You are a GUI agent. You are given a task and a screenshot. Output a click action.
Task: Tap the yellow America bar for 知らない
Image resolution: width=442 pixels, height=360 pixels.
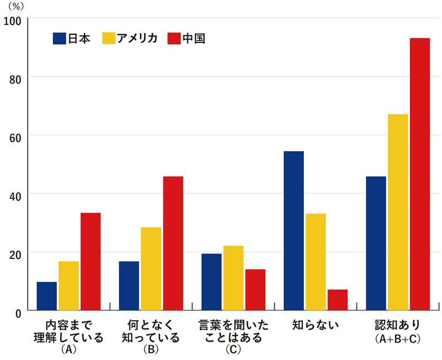pyautogui.click(x=315, y=262)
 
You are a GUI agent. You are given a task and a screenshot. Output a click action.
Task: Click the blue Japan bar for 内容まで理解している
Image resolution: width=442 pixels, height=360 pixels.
pyautogui.click(x=46, y=297)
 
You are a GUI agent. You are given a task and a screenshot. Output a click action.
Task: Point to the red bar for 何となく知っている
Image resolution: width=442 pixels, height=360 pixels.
pyautogui.click(x=173, y=243)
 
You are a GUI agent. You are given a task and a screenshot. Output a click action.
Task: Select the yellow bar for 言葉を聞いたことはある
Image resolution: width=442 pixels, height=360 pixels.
pyautogui.click(x=233, y=278)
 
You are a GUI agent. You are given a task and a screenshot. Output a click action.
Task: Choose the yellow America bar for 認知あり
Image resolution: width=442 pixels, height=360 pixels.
pyautogui.click(x=397, y=213)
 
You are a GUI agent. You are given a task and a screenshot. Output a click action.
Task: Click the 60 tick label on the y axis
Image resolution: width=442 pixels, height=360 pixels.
pyautogui.click(x=15, y=136)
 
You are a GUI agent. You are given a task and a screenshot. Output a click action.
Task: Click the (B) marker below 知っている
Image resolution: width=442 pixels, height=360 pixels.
pyautogui.click(x=151, y=350)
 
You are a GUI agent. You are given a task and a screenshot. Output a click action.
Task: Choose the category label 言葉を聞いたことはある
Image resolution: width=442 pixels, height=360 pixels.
pyautogui.click(x=233, y=330)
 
